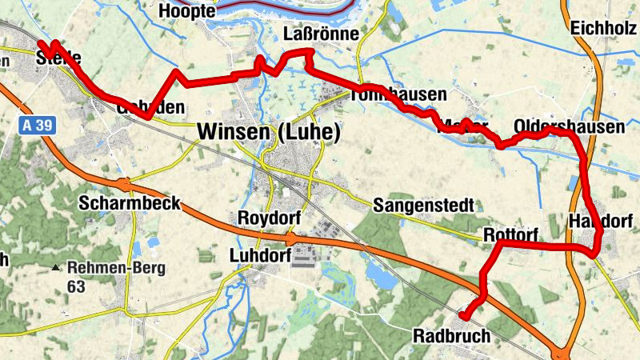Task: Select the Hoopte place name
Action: (x=188, y=11)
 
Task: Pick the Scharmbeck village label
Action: (x=129, y=203)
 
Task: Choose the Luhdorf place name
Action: (x=256, y=256)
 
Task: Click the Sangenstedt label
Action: (x=424, y=206)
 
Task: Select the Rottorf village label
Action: (x=510, y=234)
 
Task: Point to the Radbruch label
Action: (x=451, y=336)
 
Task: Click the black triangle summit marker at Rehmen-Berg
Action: (x=55, y=268)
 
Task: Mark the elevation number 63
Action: (x=77, y=286)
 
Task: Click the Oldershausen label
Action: (x=569, y=127)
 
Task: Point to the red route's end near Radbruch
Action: (x=463, y=318)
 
